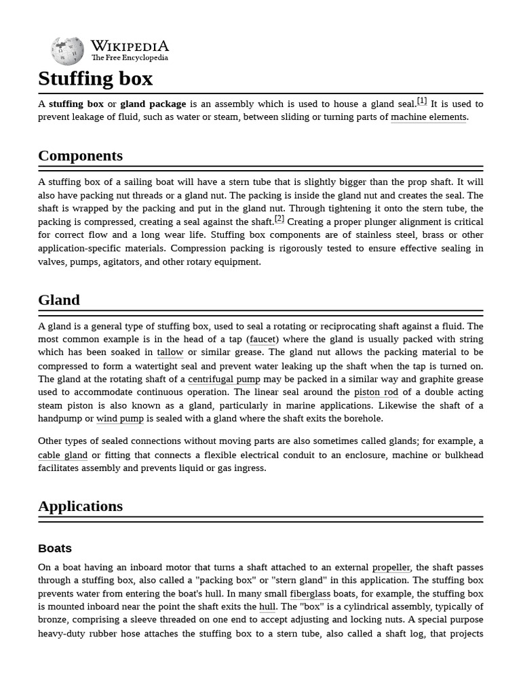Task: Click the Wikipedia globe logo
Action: [x=67, y=51]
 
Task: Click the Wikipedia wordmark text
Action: [x=130, y=47]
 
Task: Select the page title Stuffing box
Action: [x=96, y=79]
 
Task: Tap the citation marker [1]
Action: [x=422, y=101]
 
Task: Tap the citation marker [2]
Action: [x=279, y=219]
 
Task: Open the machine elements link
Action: [x=428, y=117]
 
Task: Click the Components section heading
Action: [x=80, y=156]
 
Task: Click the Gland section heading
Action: [x=59, y=300]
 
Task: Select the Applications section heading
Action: [x=80, y=506]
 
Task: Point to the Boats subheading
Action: [x=55, y=548]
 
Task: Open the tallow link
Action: [x=170, y=352]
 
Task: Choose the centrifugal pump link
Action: [x=224, y=380]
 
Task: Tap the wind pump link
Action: [x=120, y=419]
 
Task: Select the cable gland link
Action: [x=62, y=455]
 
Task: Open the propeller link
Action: [x=391, y=567]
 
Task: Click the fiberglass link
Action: [x=310, y=594]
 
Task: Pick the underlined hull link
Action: [x=267, y=607]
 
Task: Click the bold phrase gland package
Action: [x=153, y=104]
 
